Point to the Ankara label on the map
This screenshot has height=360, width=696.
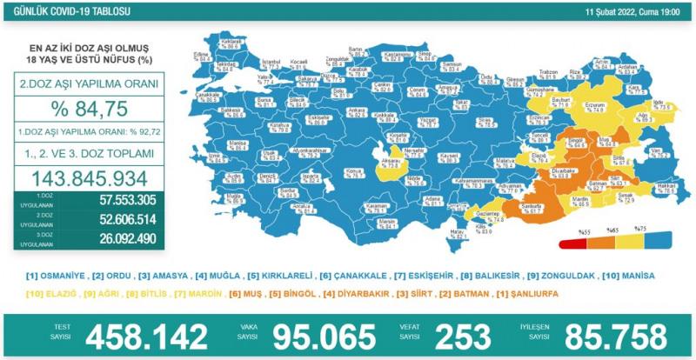(x=331, y=111)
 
